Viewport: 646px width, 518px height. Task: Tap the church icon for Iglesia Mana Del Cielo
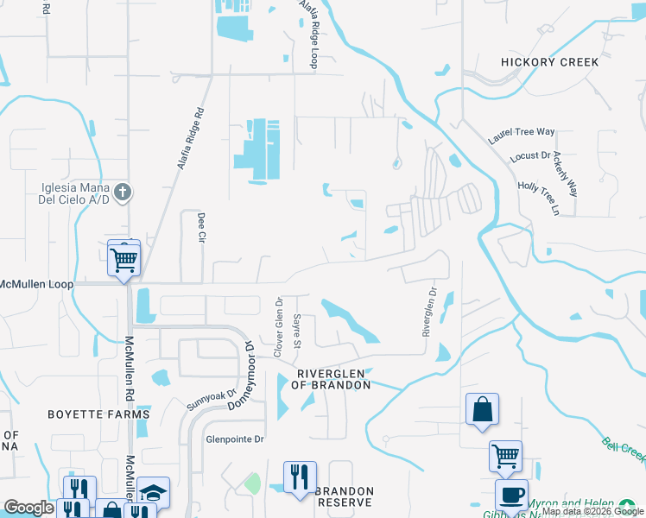pyautogui.click(x=123, y=191)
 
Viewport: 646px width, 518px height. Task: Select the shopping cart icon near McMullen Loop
pyautogui.click(x=123, y=257)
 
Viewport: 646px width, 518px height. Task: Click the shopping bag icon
pyautogui.click(x=482, y=410)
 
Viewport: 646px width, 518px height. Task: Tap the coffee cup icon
pyautogui.click(x=510, y=496)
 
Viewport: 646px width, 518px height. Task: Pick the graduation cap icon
pyautogui.click(x=153, y=493)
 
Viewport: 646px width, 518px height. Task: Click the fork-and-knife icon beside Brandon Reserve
pyautogui.click(x=300, y=477)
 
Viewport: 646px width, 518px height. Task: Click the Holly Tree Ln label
pyautogui.click(x=539, y=199)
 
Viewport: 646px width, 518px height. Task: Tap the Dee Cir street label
pyautogui.click(x=200, y=225)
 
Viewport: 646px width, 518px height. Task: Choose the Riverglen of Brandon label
pyautogui.click(x=333, y=379)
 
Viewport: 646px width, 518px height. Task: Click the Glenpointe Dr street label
pyautogui.click(x=234, y=439)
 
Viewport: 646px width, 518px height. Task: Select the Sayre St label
pyautogui.click(x=296, y=327)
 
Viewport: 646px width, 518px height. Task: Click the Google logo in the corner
pyautogui.click(x=28, y=508)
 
